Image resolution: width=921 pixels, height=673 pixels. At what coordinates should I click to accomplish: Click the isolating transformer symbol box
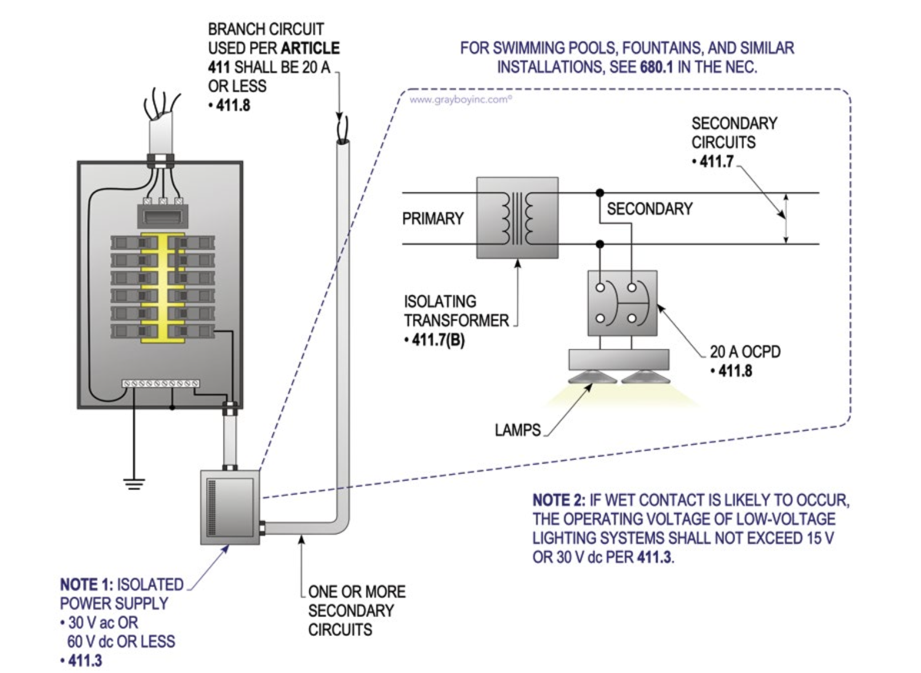coord(517,218)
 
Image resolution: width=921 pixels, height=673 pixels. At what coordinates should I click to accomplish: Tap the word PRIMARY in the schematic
coord(433,219)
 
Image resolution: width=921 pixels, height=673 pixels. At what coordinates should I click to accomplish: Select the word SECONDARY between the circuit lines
coord(649,209)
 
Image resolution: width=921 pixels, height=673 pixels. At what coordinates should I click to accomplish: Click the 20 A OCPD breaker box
coord(622,303)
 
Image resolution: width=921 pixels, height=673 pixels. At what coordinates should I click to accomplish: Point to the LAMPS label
coord(518,430)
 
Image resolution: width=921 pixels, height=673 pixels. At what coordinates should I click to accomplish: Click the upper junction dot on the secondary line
coord(599,193)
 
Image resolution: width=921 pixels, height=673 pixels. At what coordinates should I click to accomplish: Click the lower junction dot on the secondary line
coord(599,244)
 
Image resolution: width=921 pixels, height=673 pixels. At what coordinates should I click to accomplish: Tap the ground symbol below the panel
coord(134,484)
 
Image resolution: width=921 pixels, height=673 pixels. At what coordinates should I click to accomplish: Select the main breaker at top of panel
coord(162,216)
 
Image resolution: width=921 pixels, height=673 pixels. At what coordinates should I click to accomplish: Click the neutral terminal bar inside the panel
coord(161,384)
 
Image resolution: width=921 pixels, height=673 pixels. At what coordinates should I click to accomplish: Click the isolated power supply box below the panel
coord(230,507)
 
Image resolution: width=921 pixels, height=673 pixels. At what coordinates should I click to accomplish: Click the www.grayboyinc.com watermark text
coord(460,99)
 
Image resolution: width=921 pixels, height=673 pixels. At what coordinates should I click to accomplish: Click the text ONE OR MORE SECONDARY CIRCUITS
coord(356,611)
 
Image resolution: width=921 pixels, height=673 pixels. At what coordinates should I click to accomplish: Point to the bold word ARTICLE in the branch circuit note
coord(311,48)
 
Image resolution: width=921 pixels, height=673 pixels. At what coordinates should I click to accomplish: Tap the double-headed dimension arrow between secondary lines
coord(786,218)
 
